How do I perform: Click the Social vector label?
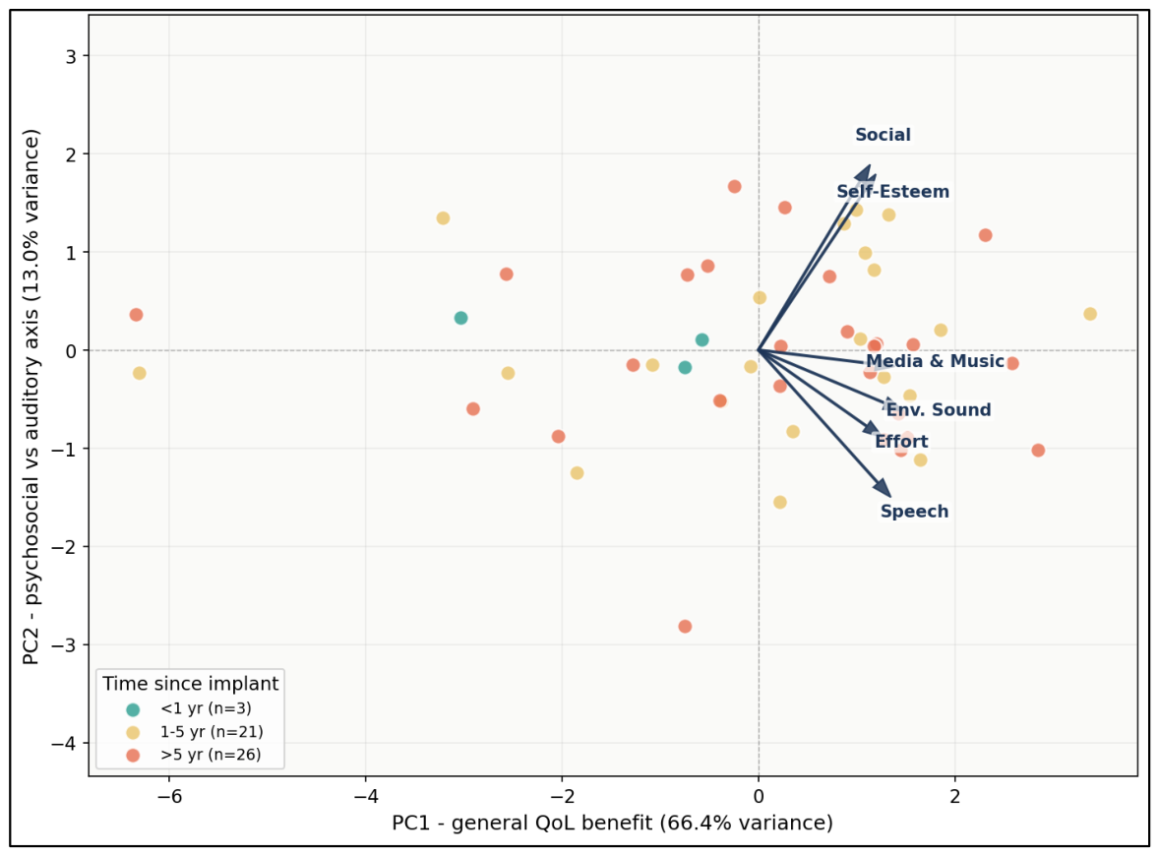[x=883, y=135]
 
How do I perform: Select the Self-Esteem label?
[x=893, y=192]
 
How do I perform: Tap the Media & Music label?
[x=935, y=361]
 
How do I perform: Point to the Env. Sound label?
[x=939, y=410]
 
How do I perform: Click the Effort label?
[x=901, y=442]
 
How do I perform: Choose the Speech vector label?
[x=914, y=512]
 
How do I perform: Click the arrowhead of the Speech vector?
[x=884, y=488]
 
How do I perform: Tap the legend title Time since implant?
[x=191, y=684]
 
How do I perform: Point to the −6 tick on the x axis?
[x=169, y=796]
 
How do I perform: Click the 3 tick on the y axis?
[x=71, y=56]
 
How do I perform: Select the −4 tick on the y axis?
[x=64, y=744]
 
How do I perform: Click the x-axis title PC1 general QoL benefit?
[x=612, y=823]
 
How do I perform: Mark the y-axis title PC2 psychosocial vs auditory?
[x=30, y=397]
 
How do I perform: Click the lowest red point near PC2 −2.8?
[x=685, y=627]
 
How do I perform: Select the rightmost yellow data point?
[x=1090, y=314]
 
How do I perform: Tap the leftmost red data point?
[x=136, y=315]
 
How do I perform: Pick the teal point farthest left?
[x=461, y=318]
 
